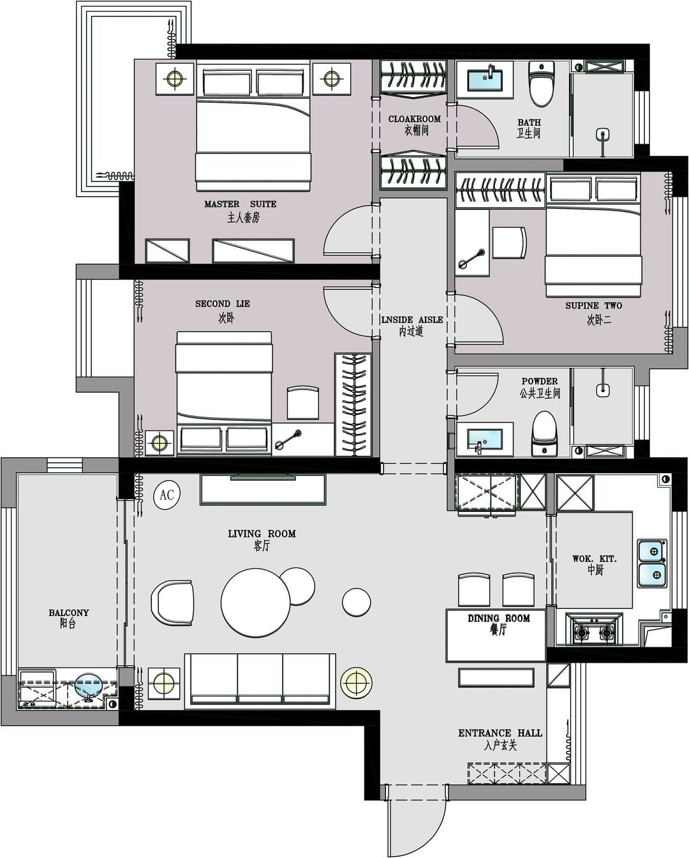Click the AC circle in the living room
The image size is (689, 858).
tap(167, 495)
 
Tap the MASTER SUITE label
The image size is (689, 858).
tap(241, 204)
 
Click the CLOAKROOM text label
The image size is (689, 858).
tap(415, 119)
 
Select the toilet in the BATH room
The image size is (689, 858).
tap(541, 84)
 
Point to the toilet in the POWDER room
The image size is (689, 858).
tap(544, 433)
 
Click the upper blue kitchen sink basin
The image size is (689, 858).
tap(653, 552)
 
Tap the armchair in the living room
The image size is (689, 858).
tap(172, 603)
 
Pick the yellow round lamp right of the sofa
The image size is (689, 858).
tap(357, 682)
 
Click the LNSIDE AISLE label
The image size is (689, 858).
tap(412, 320)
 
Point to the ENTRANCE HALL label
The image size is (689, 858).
tap(500, 733)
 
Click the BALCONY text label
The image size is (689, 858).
tap(69, 612)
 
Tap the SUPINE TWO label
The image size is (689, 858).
tap(594, 306)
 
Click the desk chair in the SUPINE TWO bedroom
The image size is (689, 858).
tap(510, 243)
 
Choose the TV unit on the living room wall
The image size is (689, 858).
tap(263, 490)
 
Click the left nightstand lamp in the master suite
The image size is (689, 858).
tap(175, 78)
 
